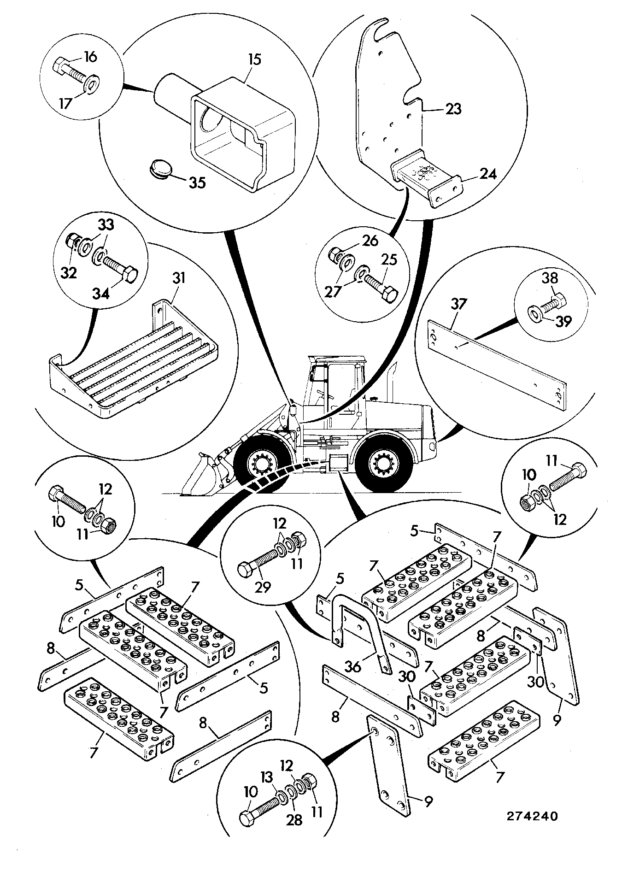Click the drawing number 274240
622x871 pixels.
[x=532, y=816]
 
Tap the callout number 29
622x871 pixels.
[x=261, y=587]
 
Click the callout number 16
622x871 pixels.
[x=90, y=57]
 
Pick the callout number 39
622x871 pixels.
[x=563, y=321]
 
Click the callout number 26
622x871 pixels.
[x=370, y=241]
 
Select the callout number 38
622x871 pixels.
[x=550, y=278]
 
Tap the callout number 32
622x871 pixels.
[x=69, y=273]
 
